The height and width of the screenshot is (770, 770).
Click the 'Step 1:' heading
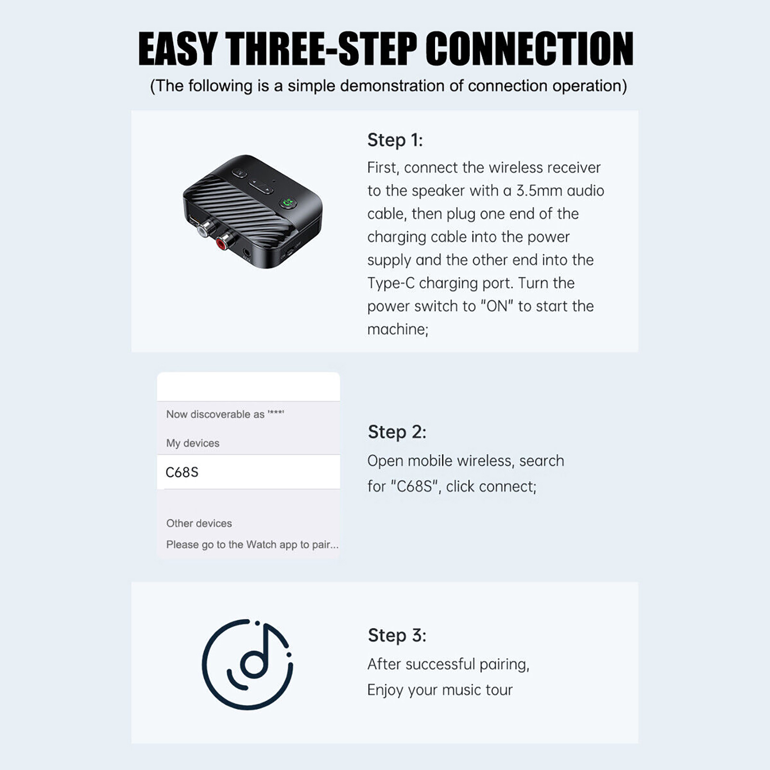[395, 140]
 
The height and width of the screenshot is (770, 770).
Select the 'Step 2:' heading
[397, 432]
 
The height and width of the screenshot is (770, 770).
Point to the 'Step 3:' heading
[397, 635]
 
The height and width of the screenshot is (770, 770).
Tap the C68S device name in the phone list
[182, 472]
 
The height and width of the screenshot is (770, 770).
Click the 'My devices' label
[192, 443]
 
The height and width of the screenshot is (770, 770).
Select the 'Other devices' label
[199, 523]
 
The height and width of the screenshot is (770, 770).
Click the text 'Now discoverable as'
[215, 414]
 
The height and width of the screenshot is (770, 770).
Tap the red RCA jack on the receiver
[223, 242]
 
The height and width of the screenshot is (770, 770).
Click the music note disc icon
[247, 664]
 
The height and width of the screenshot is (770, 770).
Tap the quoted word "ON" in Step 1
[497, 306]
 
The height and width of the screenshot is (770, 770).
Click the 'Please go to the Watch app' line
[252, 545]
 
